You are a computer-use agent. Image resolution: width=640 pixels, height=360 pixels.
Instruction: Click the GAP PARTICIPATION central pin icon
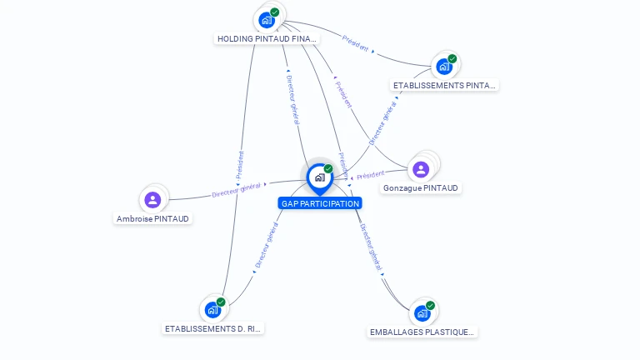pyautogui.click(x=318, y=177)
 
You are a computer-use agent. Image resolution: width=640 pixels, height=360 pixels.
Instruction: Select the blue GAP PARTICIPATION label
pyautogui.click(x=320, y=203)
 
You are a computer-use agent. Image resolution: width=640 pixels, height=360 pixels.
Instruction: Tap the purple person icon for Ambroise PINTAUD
pyautogui.click(x=152, y=200)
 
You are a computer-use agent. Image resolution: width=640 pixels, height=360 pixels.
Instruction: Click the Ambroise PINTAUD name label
pyautogui.click(x=153, y=219)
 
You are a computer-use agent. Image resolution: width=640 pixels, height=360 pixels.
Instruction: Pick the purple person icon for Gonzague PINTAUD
pyautogui.click(x=421, y=169)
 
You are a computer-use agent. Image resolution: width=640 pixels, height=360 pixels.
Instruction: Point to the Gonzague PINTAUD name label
pyautogui.click(x=421, y=188)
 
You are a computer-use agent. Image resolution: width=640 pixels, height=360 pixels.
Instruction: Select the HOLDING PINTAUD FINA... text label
pyautogui.click(x=267, y=39)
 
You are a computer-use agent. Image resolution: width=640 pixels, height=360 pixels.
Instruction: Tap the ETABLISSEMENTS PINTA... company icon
pyautogui.click(x=444, y=66)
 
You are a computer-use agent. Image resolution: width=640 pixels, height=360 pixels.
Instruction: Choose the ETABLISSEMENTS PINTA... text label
pyautogui.click(x=444, y=85)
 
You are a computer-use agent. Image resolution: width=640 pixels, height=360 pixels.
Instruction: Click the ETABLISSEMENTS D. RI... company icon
pyautogui.click(x=212, y=310)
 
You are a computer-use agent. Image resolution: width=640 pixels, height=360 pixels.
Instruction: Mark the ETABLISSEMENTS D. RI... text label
pyautogui.click(x=213, y=329)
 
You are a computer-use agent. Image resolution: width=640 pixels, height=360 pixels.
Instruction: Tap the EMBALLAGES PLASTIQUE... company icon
pyautogui.click(x=422, y=313)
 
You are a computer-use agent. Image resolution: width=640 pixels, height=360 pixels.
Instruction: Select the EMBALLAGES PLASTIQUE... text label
pyautogui.click(x=422, y=332)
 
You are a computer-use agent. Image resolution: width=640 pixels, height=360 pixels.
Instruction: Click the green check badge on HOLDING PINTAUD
pyautogui.click(x=275, y=12)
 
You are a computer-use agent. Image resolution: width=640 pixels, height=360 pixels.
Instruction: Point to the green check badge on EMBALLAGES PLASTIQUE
pyautogui.click(x=430, y=306)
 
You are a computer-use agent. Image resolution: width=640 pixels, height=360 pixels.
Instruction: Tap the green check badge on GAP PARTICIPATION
pyautogui.click(x=328, y=169)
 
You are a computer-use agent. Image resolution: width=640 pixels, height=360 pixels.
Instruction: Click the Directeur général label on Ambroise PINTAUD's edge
pyautogui.click(x=237, y=189)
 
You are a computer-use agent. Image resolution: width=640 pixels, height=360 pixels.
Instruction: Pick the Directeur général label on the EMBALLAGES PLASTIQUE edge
pyautogui.click(x=371, y=247)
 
